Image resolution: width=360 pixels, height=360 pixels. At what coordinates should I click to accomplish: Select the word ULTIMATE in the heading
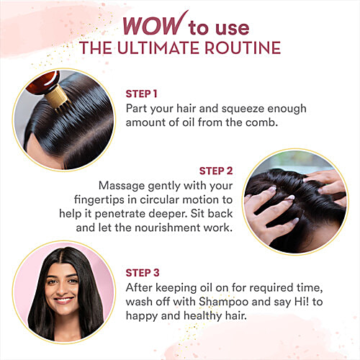click(x=159, y=48)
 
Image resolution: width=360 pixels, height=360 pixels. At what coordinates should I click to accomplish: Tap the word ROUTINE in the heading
click(x=243, y=48)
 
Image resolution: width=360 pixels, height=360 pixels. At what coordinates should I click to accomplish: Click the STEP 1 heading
click(x=141, y=94)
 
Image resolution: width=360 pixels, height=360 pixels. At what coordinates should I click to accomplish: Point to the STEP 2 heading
click(x=216, y=171)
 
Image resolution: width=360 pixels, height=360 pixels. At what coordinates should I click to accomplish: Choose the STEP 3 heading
click(x=143, y=273)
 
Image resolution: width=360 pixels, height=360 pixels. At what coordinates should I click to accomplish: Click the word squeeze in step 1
click(x=243, y=109)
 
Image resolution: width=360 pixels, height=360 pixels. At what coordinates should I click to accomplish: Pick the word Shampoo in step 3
click(x=223, y=302)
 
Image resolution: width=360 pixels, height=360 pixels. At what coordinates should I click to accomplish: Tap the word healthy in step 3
click(x=202, y=316)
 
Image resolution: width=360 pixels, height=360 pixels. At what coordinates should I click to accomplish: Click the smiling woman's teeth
click(x=63, y=300)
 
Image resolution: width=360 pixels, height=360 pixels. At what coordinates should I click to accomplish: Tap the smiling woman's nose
click(x=61, y=289)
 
